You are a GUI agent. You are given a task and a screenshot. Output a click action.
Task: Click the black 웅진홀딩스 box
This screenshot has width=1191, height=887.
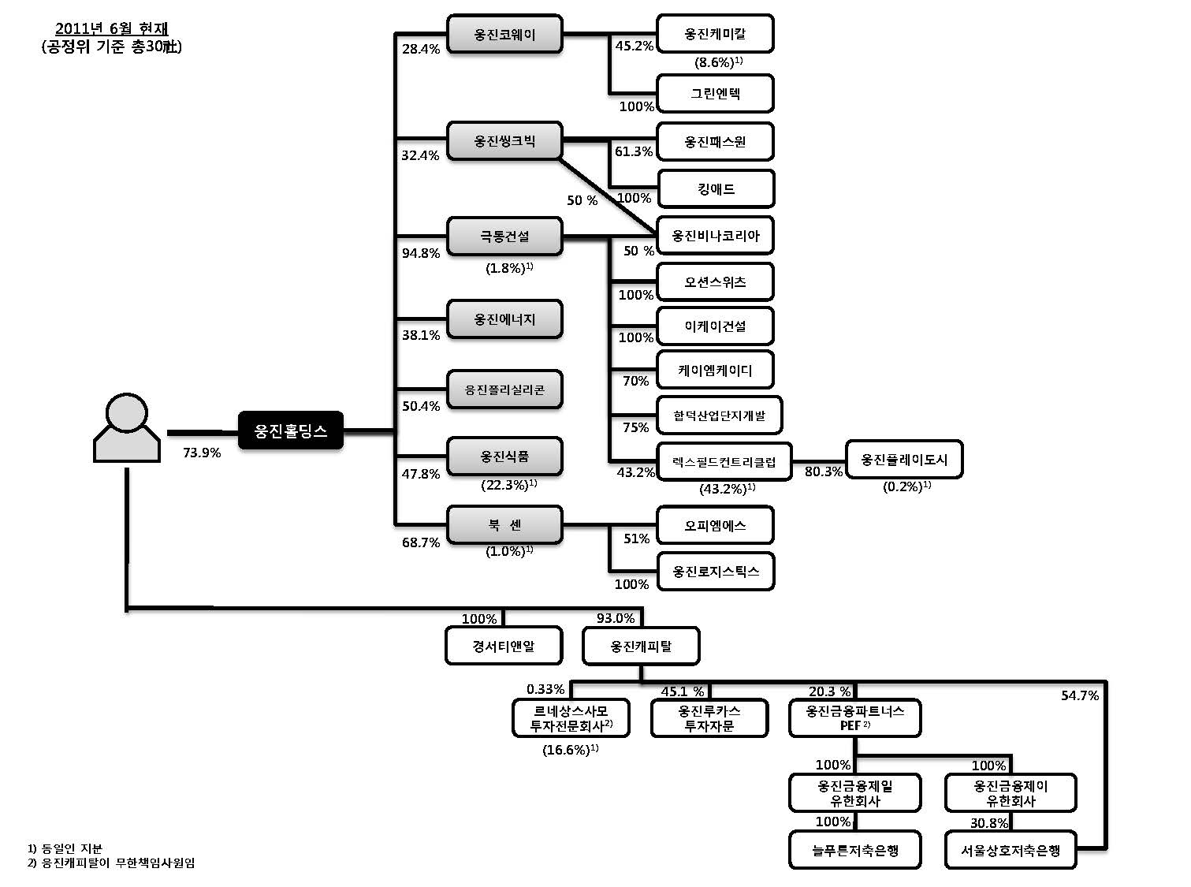click(x=290, y=430)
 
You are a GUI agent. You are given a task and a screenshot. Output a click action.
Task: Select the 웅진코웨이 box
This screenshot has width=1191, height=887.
click(x=504, y=35)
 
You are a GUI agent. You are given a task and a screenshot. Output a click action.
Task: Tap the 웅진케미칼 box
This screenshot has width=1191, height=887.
click(x=715, y=34)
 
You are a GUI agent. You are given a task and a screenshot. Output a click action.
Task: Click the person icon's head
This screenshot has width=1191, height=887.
click(x=127, y=412)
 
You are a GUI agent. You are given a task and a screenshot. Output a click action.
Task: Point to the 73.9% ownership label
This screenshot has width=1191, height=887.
click(x=202, y=453)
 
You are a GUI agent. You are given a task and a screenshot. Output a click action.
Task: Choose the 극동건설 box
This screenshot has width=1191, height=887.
click(x=504, y=236)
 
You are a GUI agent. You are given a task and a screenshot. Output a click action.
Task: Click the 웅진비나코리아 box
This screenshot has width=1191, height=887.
click(x=715, y=235)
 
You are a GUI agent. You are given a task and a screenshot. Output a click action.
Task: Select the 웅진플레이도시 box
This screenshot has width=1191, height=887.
click(x=903, y=460)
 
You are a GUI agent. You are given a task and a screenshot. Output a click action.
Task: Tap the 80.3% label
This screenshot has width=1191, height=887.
click(x=823, y=471)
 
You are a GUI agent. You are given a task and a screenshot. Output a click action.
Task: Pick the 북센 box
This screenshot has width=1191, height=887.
click(x=504, y=525)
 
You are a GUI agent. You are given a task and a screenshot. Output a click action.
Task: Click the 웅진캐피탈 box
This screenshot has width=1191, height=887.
click(x=641, y=647)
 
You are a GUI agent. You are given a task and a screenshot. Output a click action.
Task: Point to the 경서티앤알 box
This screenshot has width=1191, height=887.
click(x=504, y=647)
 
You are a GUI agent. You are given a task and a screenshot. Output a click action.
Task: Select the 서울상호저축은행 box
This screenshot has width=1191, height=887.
click(x=1010, y=850)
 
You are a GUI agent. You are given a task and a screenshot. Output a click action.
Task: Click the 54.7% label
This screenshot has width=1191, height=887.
click(x=1080, y=695)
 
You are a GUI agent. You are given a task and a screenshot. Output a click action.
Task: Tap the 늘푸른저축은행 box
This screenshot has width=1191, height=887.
click(x=855, y=850)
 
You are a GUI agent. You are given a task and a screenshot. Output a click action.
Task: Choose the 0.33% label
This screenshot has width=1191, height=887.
click(x=545, y=689)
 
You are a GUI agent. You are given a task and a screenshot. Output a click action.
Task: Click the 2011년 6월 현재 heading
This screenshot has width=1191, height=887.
click(x=111, y=30)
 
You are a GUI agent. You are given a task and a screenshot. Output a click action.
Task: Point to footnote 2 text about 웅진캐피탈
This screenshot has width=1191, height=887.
click(x=111, y=863)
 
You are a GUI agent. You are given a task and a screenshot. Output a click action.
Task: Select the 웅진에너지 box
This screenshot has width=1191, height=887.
click(x=504, y=319)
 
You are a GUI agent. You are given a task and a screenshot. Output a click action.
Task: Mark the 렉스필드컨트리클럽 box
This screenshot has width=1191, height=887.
click(x=724, y=462)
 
